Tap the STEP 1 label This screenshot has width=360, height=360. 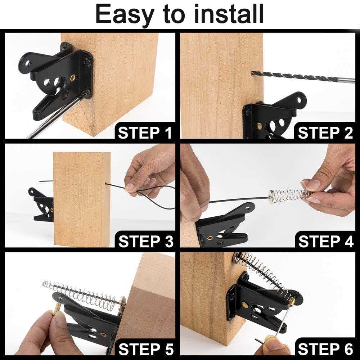(145, 133)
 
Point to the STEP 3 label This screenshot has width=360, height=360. (146, 241)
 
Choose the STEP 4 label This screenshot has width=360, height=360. (326, 241)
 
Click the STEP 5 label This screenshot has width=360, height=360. (146, 349)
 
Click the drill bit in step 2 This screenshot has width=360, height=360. (303, 77)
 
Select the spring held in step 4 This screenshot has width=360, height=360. (288, 194)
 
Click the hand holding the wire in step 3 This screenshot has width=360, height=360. (149, 172)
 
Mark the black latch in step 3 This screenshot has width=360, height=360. (41, 204)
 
